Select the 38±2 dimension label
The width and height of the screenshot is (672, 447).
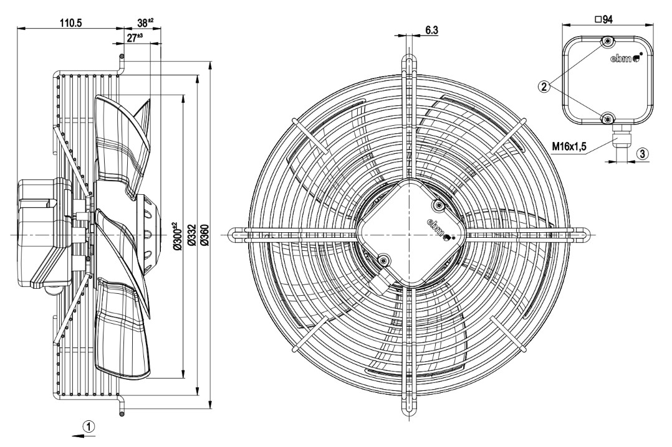[145, 23]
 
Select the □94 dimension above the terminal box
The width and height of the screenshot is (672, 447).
[604, 19]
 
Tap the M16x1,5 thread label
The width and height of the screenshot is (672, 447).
[570, 147]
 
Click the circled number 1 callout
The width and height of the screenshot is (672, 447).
[90, 426]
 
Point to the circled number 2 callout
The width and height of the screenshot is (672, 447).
[544, 87]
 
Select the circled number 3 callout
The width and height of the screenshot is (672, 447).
[642, 153]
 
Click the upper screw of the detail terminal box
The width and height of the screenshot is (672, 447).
[608, 42]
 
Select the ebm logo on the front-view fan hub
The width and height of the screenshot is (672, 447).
[438, 228]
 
